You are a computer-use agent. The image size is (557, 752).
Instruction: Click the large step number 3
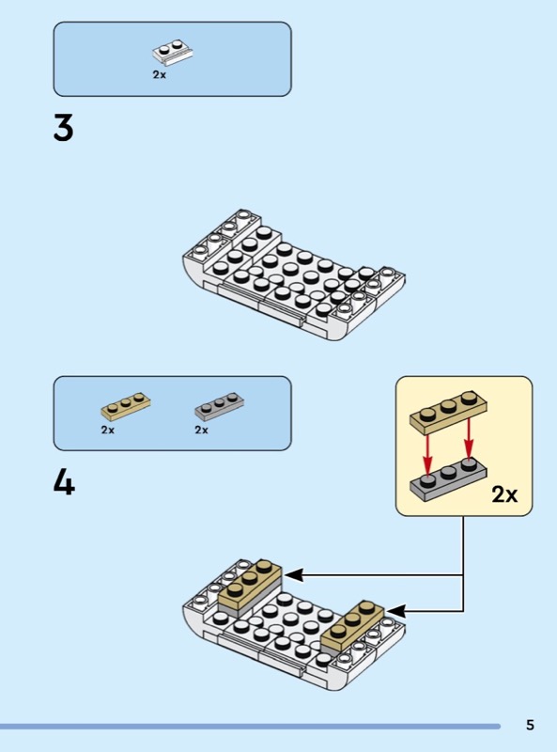pyautogui.click(x=63, y=128)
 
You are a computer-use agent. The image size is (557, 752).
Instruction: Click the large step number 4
pyautogui.click(x=64, y=482)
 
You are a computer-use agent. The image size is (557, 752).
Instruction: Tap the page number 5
pyautogui.click(x=530, y=725)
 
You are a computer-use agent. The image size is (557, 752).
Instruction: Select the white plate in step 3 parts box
pyautogui.click(x=173, y=53)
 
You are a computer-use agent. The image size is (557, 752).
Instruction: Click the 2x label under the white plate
pyautogui.click(x=160, y=75)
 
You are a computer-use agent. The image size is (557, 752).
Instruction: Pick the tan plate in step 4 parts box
pyautogui.click(x=126, y=405)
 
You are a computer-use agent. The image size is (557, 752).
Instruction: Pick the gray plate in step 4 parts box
pyautogui.click(x=219, y=406)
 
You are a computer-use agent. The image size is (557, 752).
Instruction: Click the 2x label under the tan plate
pyautogui.click(x=108, y=431)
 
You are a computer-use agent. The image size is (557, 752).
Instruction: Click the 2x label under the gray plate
pyautogui.click(x=201, y=431)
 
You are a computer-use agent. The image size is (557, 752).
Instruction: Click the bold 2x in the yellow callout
pyautogui.click(x=504, y=494)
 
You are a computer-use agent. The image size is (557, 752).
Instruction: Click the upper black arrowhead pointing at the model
pyautogui.click(x=293, y=574)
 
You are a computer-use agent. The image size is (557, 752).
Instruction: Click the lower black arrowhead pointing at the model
pyautogui.click(x=397, y=611)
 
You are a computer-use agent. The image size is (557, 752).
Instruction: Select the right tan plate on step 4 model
pyautogui.click(x=353, y=625)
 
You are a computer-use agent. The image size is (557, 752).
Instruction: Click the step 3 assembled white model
pyautogui.click(x=293, y=274)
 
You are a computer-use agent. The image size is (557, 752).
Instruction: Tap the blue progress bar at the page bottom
pyautogui.click(x=250, y=727)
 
